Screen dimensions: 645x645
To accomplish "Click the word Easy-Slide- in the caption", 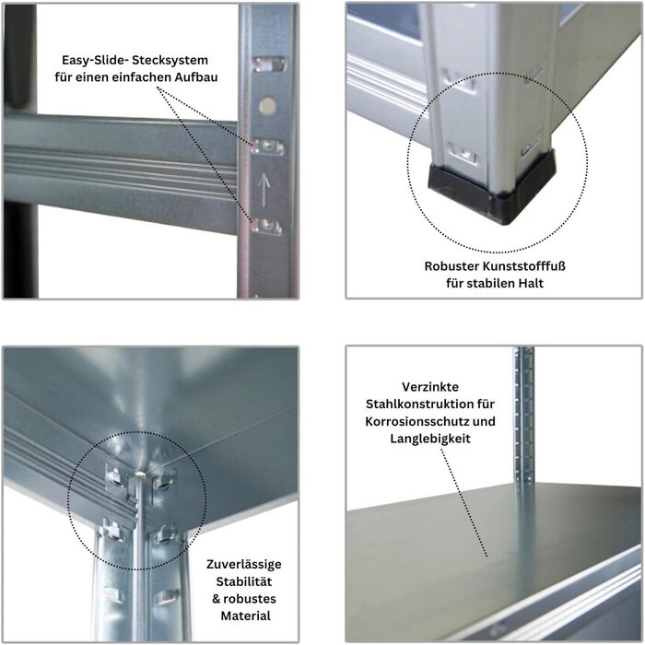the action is (94, 60).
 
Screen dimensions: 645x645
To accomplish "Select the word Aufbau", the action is (196, 77).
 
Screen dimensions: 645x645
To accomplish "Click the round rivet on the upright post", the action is (267, 106).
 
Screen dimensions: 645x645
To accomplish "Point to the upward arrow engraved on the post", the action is (264, 190).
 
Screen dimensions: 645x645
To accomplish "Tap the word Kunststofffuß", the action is (524, 266).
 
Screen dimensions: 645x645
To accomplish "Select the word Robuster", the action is (451, 266).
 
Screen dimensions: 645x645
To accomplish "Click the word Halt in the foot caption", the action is (531, 284).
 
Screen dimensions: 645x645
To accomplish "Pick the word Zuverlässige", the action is (244, 564).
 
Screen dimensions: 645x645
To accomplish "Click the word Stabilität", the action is (244, 581).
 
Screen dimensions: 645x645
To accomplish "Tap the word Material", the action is (246, 616).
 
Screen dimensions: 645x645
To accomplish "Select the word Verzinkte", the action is (430, 387).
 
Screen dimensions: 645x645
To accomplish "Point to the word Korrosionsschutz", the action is (417, 422).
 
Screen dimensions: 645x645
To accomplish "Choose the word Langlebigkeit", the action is (430, 439).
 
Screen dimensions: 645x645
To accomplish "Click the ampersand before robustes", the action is (217, 599).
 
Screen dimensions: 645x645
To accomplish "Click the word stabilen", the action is (490, 284).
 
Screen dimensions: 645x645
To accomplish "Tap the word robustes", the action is (250, 599).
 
